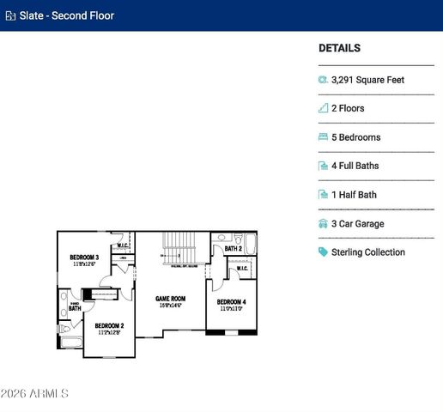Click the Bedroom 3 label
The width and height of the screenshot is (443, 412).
tap(84, 257)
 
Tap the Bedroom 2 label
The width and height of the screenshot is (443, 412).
tap(109, 325)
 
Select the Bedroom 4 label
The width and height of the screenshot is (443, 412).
tap(231, 302)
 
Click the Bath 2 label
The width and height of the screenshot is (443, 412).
tap(234, 249)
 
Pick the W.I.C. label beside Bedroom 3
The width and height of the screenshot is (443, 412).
tap(123, 245)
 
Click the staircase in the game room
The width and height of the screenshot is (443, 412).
tap(181, 247)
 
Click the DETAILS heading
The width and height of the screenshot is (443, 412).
tap(339, 49)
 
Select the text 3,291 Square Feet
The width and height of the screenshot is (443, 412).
tap(367, 80)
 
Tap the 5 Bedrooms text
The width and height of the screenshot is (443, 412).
tap(355, 137)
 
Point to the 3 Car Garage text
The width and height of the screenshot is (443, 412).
tap(357, 224)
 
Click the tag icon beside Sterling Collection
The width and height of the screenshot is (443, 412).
tap(323, 252)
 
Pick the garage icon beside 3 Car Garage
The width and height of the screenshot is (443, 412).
tap(323, 224)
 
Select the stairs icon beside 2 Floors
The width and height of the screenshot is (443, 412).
tap(323, 109)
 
